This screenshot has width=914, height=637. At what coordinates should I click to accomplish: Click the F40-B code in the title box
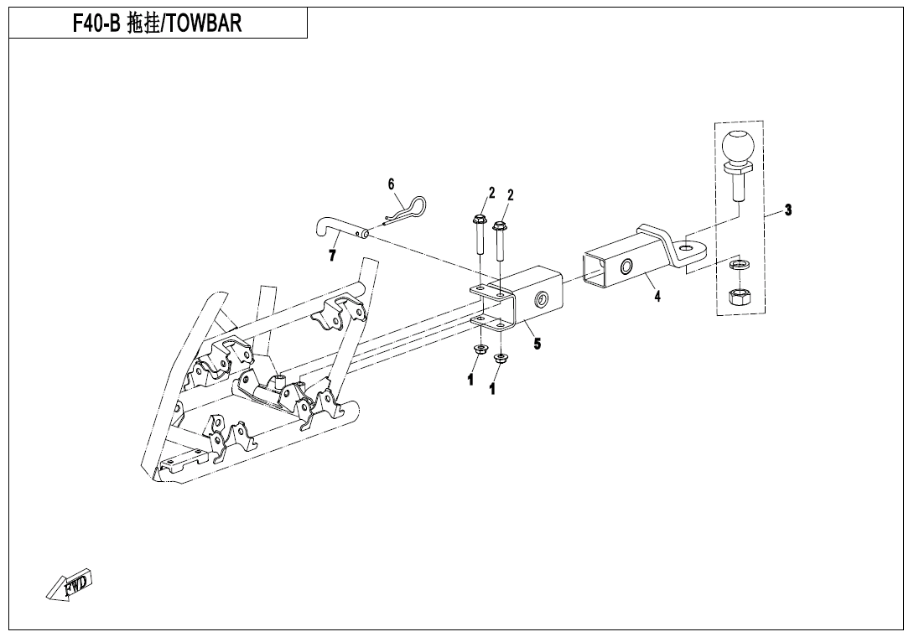(x=96, y=23)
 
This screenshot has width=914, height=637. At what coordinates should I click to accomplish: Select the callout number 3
(x=788, y=210)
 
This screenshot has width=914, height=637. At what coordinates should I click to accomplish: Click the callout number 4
(x=657, y=296)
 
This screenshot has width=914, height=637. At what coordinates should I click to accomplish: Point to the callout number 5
(x=537, y=344)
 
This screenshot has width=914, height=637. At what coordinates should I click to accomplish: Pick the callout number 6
(x=391, y=184)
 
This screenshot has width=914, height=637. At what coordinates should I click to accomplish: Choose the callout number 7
(x=332, y=255)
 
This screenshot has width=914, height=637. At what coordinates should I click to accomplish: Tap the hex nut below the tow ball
(x=740, y=299)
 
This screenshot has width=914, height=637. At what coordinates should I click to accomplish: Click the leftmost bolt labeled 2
(x=479, y=236)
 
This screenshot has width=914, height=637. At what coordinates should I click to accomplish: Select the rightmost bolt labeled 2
(x=500, y=240)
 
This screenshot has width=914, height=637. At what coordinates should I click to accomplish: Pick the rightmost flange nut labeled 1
(x=500, y=359)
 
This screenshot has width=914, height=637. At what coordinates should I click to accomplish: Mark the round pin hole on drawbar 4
(x=626, y=267)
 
